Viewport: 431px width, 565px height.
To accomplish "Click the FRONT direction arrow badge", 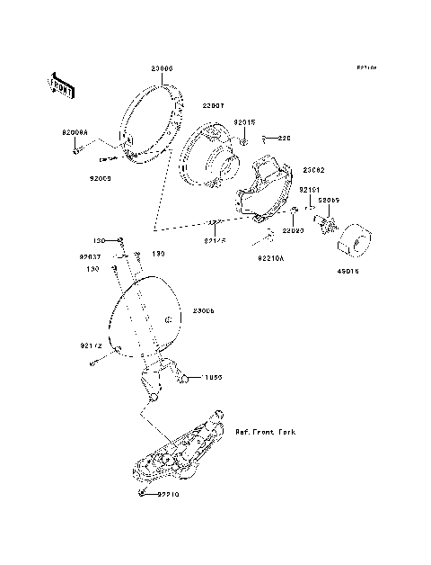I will pos(62,85).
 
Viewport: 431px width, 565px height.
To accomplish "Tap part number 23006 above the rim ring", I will pos(162,68).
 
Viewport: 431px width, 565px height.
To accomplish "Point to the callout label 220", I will pos(284,139).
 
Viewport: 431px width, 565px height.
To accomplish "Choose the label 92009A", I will pos(75,133).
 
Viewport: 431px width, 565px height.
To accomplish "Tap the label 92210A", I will pos(270,257).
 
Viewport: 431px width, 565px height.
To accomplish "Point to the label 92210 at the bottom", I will pos(172,495).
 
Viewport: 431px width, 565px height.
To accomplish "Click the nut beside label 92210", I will pos(142,493).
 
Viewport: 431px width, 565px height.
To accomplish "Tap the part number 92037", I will pos(91,256).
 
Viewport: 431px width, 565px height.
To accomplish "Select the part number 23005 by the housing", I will pos(202,310).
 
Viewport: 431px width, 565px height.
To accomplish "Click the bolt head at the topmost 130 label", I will pos(121,240).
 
